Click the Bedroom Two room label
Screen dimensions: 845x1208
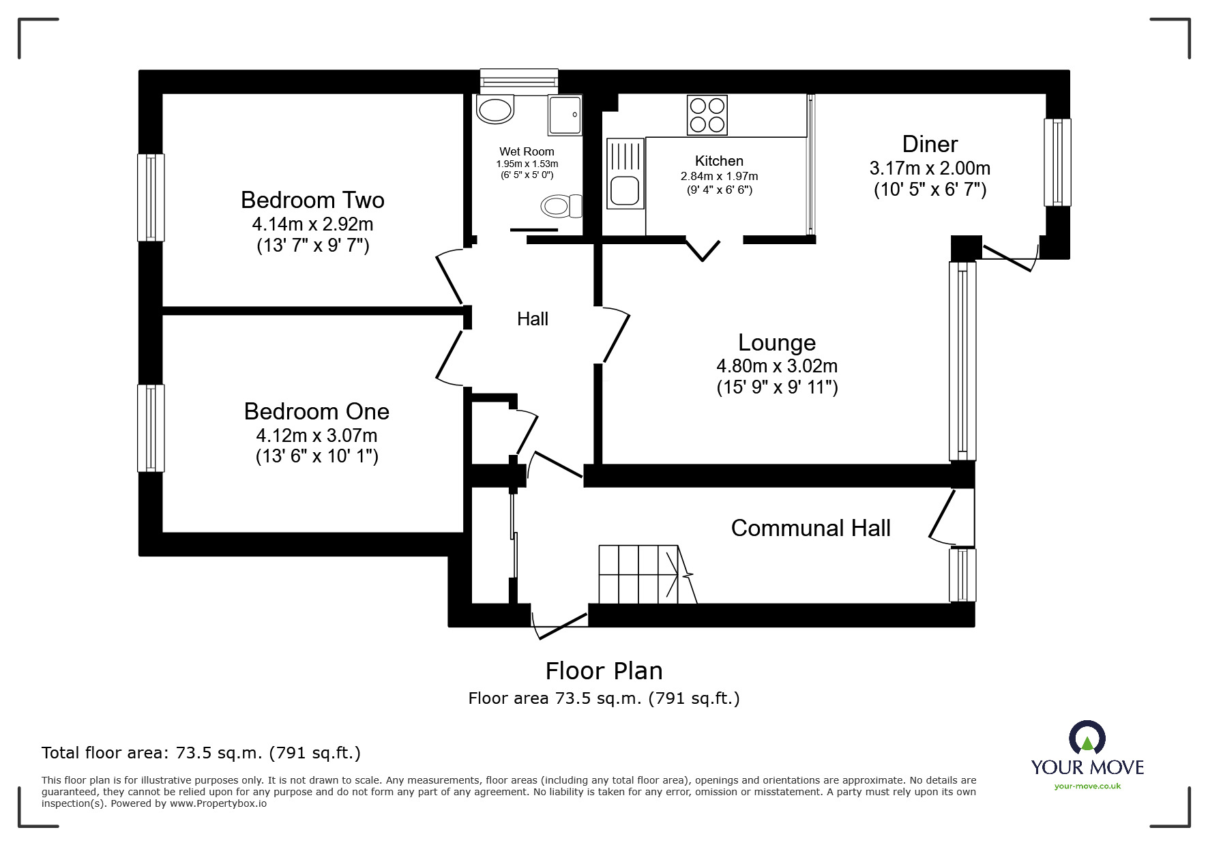point(312,200)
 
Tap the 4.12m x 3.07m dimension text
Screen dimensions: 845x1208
point(316,435)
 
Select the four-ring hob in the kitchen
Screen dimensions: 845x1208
point(707,115)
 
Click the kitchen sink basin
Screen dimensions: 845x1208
point(624,190)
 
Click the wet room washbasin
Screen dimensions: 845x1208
point(495,110)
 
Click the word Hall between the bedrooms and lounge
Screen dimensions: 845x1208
point(532,318)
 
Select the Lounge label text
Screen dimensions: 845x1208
point(777,342)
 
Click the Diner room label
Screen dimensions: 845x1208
point(930,144)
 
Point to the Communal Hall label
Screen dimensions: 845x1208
point(810,528)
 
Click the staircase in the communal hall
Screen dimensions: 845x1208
point(641,574)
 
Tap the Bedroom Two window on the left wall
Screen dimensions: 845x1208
point(151,197)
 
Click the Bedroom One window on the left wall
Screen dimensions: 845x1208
point(151,428)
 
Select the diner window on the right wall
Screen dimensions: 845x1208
point(1057,162)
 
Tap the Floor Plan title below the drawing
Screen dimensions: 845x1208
point(604,671)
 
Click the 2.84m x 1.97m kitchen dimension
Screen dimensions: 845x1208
point(719,176)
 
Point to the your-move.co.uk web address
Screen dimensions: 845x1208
point(1087,786)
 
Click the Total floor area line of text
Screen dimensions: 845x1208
point(201,753)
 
